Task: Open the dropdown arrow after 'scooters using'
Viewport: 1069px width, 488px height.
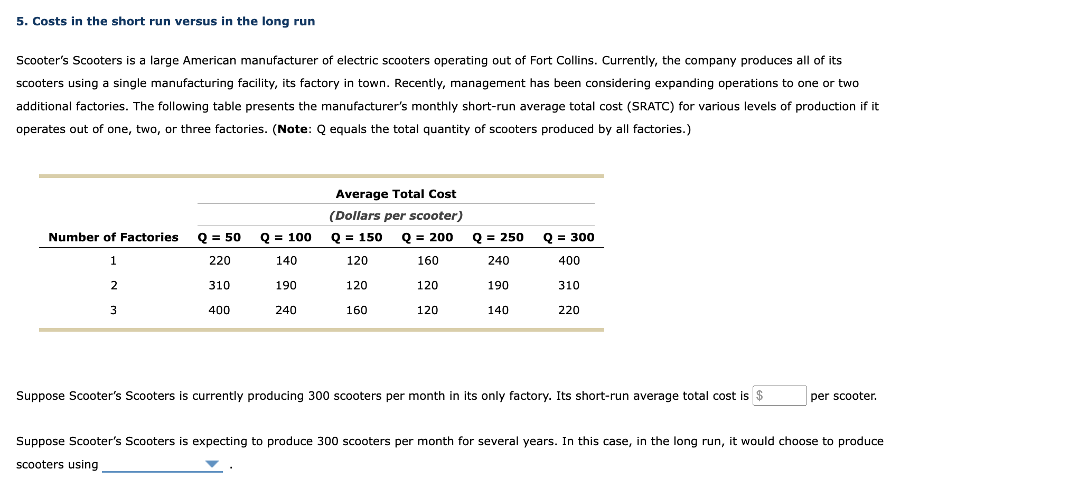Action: point(212,464)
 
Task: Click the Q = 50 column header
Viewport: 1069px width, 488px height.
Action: point(219,237)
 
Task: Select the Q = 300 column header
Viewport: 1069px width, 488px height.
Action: point(569,237)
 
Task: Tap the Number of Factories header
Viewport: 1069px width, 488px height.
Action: point(114,237)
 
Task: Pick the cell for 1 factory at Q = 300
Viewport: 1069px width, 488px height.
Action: point(569,260)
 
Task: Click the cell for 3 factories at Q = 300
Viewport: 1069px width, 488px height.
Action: point(569,310)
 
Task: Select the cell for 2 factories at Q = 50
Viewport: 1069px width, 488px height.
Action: point(219,285)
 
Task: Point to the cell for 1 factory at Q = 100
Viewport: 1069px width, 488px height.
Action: point(286,260)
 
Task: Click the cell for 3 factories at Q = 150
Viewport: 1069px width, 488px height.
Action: point(357,310)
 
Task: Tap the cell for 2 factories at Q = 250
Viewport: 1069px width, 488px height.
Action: point(498,285)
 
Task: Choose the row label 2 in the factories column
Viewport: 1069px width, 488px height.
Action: point(114,285)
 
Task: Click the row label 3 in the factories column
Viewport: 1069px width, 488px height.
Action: point(114,310)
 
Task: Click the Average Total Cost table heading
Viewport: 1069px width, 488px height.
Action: point(396,194)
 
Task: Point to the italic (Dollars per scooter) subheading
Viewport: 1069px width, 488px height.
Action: point(396,215)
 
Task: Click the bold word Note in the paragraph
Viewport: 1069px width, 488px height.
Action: point(292,129)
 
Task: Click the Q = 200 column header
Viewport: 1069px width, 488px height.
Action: point(427,237)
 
